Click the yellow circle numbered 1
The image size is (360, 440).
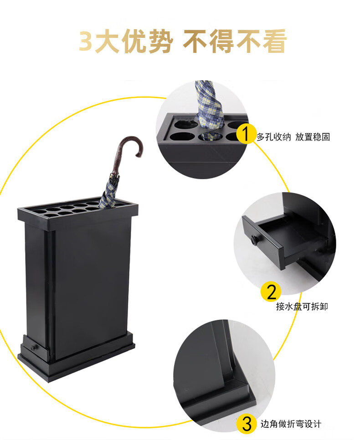(246, 134)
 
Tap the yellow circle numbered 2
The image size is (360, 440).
(271, 292)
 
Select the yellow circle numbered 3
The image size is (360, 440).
(246, 424)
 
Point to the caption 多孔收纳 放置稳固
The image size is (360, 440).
(293, 137)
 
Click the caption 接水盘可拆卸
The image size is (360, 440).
(302, 306)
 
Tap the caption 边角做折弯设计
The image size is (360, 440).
(291, 424)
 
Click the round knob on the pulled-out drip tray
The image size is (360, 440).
(255, 240)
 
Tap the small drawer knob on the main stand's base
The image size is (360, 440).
(34, 348)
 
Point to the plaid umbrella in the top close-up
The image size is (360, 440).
(208, 108)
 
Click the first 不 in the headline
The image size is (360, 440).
(196, 41)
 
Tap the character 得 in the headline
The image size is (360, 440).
(222, 41)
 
